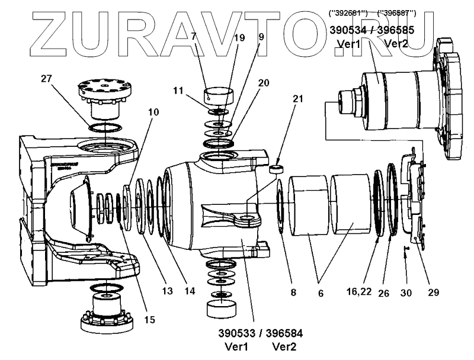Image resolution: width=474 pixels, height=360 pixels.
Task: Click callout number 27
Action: coord(48,78)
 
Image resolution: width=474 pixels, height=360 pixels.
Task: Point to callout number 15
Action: coord(149,320)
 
